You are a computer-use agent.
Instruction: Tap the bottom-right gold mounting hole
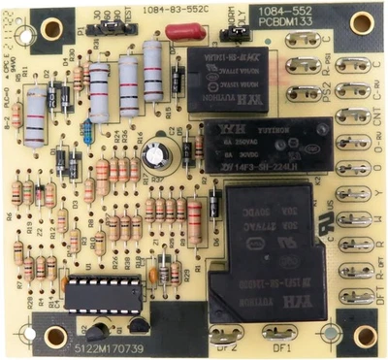(364, 335)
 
